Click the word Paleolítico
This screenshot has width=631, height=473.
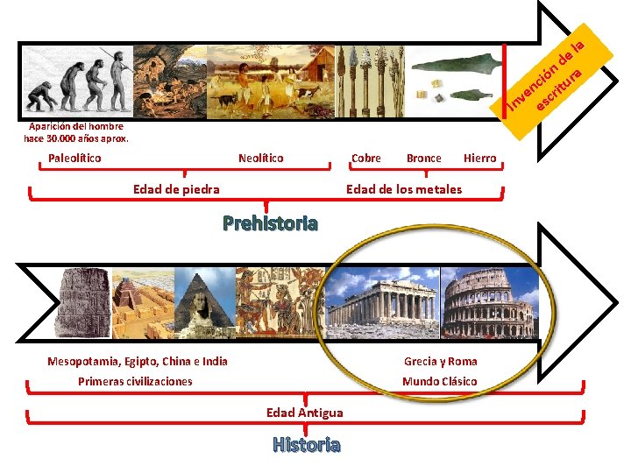point(74,159)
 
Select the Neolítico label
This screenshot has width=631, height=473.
point(261,159)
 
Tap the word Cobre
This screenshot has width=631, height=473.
point(365,159)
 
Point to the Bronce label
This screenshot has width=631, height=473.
point(424,159)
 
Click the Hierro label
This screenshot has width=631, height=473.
point(479,159)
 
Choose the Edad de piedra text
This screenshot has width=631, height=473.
point(176,188)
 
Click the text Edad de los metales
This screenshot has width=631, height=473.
point(404,188)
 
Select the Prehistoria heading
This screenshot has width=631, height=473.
point(270,222)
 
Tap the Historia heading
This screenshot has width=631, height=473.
point(306,445)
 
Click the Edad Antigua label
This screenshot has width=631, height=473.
point(305,413)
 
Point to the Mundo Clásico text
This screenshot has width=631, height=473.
point(440,381)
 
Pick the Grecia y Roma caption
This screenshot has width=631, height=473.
point(441,361)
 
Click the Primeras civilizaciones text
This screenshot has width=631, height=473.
point(135,381)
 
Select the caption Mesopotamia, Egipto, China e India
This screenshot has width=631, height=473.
point(137,361)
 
